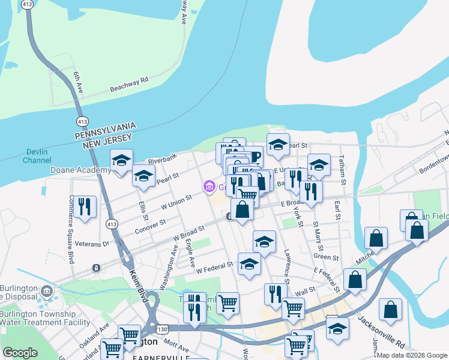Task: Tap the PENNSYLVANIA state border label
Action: tap(106, 129)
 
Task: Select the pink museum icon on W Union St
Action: tap(209, 187)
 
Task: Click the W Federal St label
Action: tap(214, 265)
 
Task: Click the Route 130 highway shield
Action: tap(160, 329)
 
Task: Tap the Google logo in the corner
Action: tap(20, 353)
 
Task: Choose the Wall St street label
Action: tap(305, 290)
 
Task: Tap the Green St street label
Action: tap(327, 257)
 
